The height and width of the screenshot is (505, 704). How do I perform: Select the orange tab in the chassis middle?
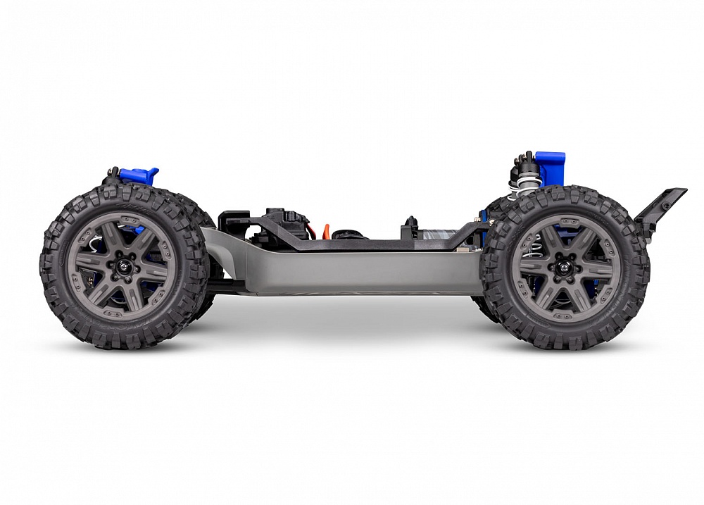(x=326, y=230)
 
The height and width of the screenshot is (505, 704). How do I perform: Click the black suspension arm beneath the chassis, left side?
(x=225, y=286)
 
